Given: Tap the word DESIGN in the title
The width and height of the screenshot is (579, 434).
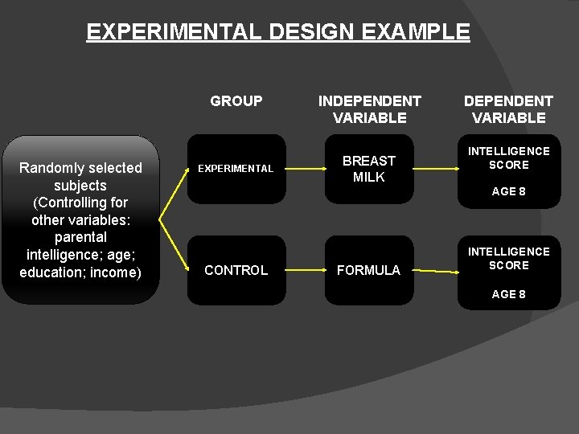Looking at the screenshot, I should (316, 32).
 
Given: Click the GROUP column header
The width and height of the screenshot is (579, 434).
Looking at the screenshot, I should (236, 101).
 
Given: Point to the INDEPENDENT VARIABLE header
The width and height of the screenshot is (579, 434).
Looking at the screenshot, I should (369, 109).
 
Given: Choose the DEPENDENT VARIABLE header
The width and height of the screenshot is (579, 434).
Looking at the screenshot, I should (508, 109).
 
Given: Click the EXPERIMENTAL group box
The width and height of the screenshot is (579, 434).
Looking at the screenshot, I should (236, 169).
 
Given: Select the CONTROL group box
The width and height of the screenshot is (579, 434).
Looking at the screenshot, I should (236, 270).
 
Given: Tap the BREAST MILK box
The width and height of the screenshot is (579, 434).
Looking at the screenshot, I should (369, 169).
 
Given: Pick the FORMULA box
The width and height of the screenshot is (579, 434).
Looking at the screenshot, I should (368, 270).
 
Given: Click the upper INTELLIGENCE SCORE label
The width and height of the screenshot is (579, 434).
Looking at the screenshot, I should (509, 158).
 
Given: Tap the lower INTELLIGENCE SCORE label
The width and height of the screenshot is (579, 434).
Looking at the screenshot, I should (509, 258).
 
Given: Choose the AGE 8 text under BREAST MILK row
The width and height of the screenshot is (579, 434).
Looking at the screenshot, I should (508, 191).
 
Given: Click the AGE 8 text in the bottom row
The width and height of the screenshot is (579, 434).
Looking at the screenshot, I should (508, 294).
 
